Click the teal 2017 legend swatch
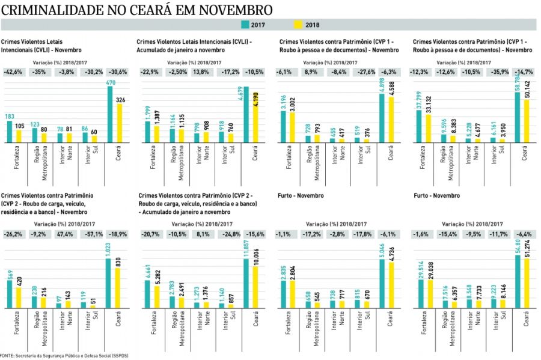click(x=245, y=25)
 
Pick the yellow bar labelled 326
click(x=120, y=124)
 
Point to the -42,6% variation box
click(x=14, y=72)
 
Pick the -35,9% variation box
click(x=496, y=72)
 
